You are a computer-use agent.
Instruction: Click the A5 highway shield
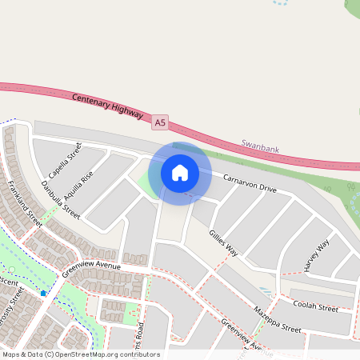(161, 122)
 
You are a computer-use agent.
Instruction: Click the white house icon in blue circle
(180, 172)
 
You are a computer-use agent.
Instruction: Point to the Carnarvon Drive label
(250, 183)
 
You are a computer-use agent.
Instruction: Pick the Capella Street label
(65, 160)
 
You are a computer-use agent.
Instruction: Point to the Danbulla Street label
(61, 202)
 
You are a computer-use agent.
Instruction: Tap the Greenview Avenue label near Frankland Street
(91, 266)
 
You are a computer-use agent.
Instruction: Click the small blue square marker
(43, 294)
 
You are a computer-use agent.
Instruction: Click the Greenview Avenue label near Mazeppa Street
(246, 335)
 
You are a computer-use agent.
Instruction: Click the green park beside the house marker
(146, 183)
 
